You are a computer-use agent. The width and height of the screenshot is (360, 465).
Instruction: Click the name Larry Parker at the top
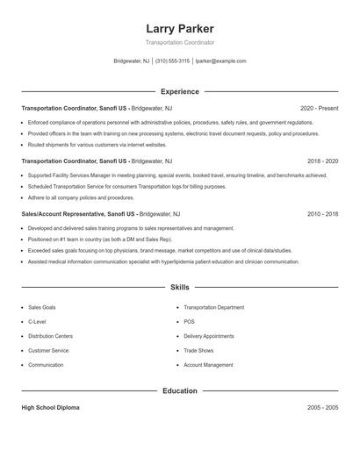coord(180,29)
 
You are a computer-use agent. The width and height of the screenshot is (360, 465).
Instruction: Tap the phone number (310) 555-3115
coord(172,61)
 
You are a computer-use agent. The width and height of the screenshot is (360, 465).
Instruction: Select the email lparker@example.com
coord(220,61)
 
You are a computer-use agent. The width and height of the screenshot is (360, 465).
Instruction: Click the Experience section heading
coord(180,91)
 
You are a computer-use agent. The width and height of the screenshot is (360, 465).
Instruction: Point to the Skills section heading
coord(180,287)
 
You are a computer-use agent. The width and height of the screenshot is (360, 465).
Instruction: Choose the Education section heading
coord(180,390)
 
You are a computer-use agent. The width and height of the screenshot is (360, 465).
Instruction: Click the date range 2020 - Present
coord(319,108)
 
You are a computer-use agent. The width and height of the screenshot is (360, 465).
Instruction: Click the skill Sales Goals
coord(43,308)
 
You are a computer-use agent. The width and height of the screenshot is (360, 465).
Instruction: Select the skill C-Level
coord(37,322)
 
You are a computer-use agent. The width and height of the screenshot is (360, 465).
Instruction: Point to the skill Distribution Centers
coord(50,336)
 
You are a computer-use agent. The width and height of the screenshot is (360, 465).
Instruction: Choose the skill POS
coord(189,322)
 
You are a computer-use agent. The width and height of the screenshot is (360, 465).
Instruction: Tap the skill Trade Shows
coord(198,350)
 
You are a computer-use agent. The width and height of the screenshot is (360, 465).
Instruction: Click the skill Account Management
coord(208,365)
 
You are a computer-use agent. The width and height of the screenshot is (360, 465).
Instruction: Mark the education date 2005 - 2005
coord(322,408)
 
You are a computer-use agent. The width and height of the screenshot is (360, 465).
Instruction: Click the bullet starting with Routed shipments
coord(97,144)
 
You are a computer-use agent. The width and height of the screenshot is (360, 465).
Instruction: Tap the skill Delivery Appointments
coord(209,336)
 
